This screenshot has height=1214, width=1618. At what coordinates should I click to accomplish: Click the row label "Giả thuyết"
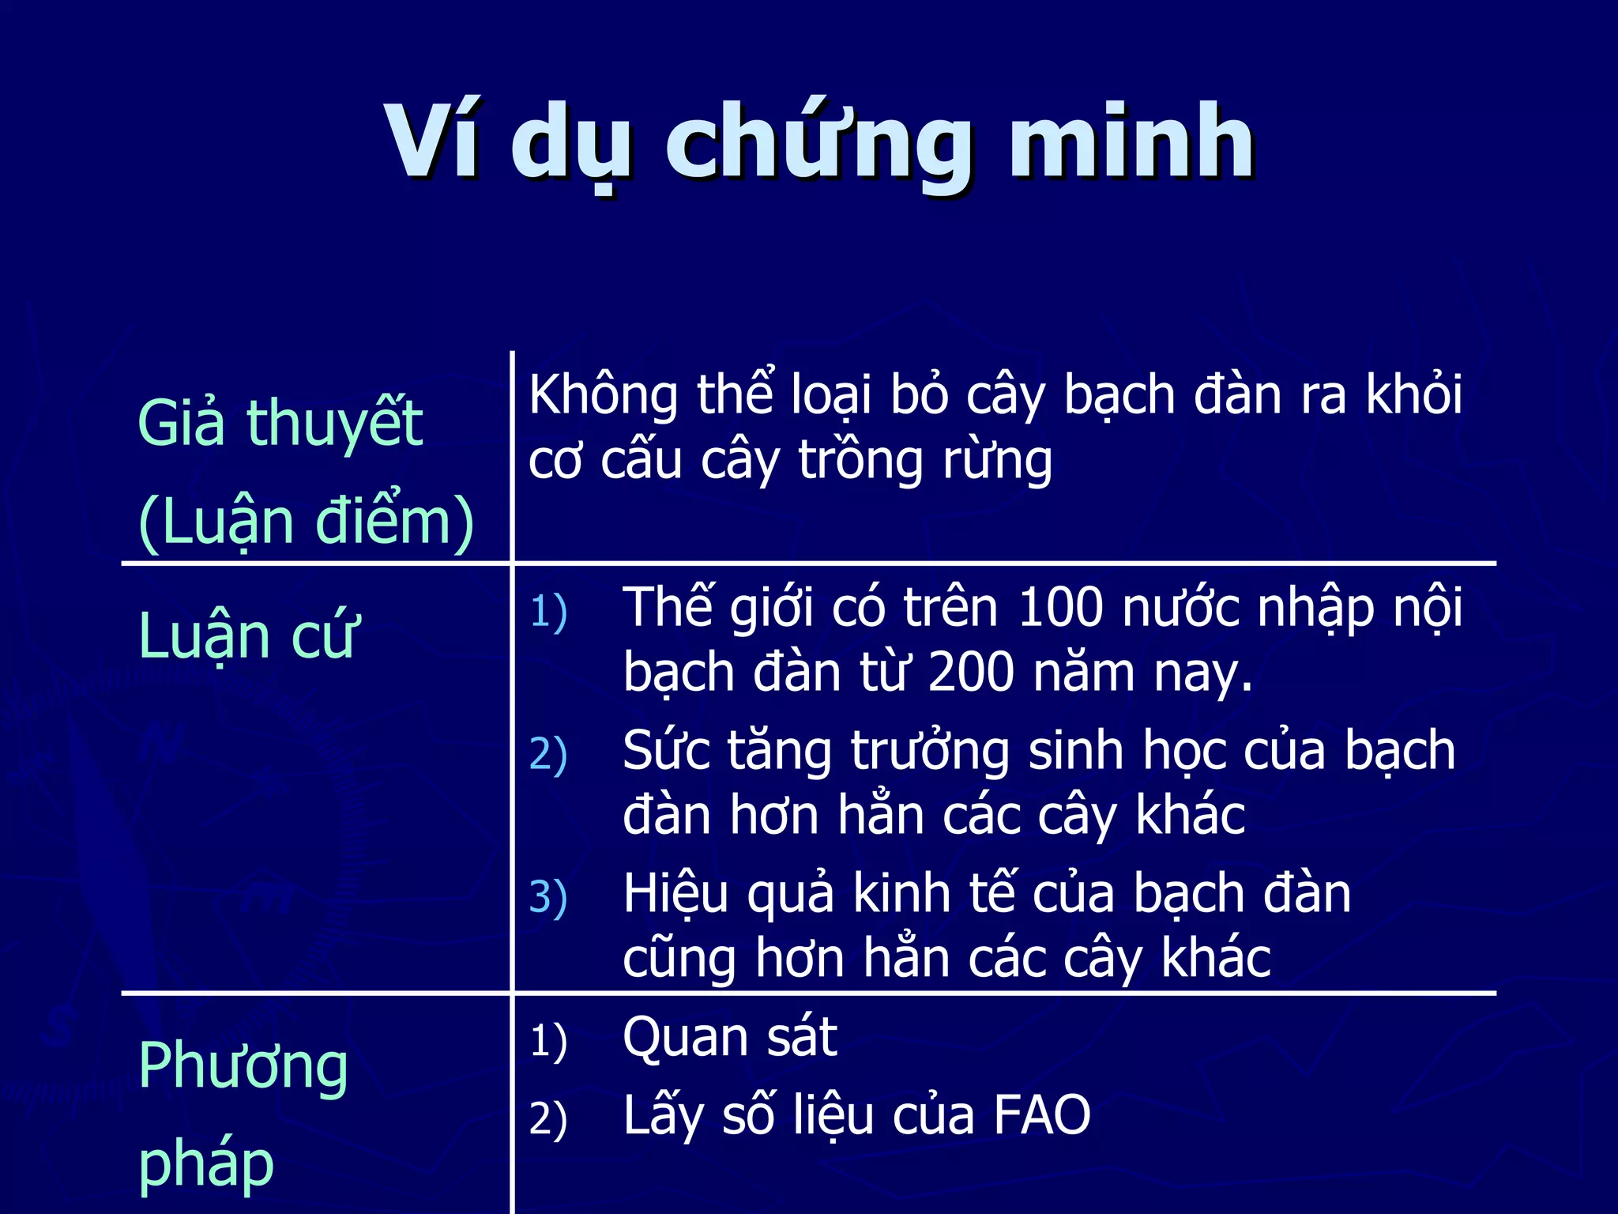[x=280, y=423]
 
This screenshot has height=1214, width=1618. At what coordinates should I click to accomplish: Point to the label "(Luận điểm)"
[x=306, y=522]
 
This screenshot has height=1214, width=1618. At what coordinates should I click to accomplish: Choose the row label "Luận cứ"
[x=248, y=636]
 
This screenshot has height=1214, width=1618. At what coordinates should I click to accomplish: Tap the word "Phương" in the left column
[x=243, y=1066]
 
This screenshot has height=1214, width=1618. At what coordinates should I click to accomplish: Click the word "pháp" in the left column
[x=205, y=1163]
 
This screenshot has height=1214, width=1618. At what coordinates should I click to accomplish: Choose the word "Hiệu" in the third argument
[x=675, y=895]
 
